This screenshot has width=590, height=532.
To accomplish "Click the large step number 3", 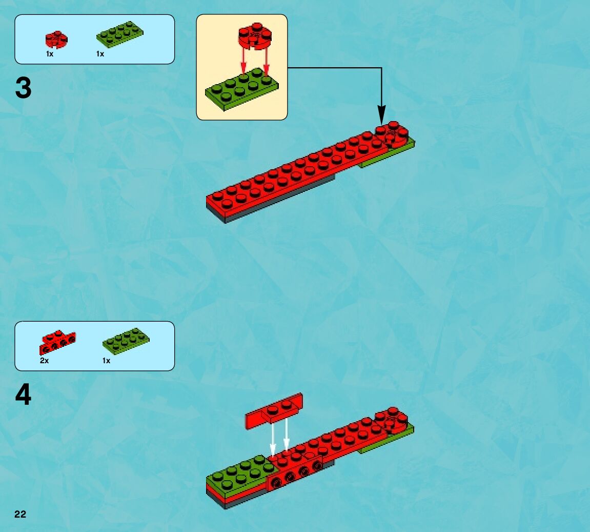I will tap(24, 88).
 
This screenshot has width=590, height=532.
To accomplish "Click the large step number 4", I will tap(24, 396).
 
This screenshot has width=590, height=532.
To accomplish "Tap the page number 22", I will tap(20, 515).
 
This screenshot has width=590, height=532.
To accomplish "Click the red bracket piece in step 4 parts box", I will tap(57, 342).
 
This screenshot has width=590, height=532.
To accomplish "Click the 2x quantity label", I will tap(44, 361).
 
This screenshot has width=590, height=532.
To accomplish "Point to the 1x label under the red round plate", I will tap(49, 54).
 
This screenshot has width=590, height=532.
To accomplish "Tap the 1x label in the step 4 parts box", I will tap(106, 361).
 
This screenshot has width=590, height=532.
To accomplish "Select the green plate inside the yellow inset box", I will tap(242, 90).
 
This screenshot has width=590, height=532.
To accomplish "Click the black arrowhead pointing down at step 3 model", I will tap(381, 114).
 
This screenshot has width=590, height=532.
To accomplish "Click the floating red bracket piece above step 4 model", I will tap(274, 410).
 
